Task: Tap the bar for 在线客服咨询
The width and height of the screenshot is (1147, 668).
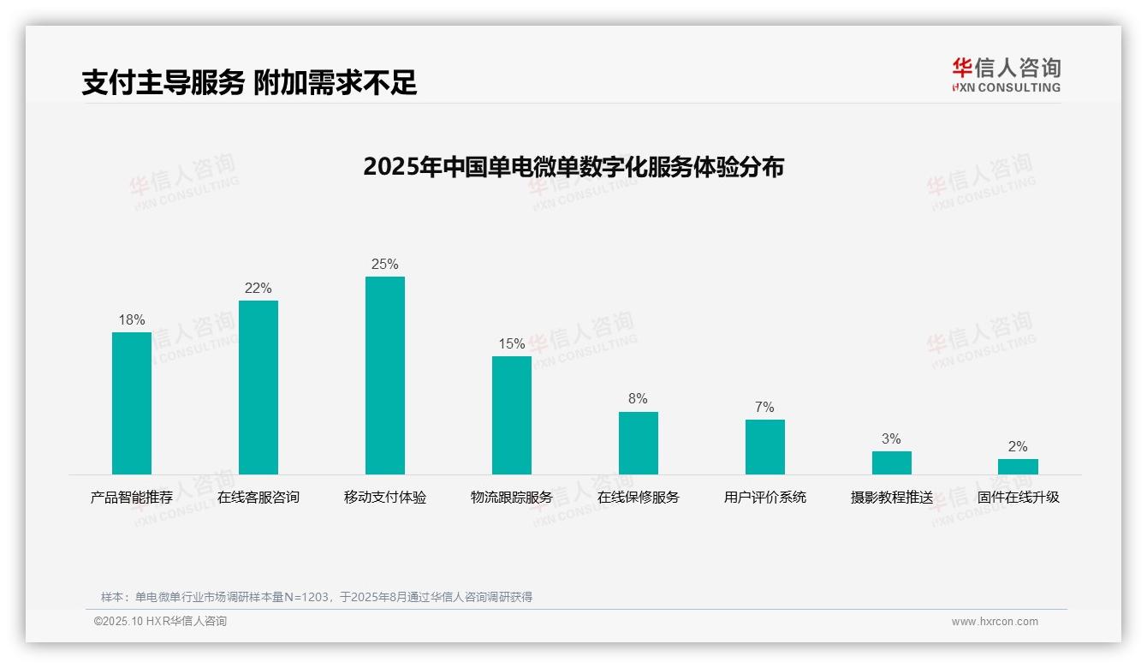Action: tap(259, 387)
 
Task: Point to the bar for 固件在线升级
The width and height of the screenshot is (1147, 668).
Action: tap(1018, 467)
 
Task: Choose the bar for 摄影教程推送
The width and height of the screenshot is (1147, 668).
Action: tap(892, 462)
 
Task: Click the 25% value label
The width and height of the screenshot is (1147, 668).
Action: tap(385, 265)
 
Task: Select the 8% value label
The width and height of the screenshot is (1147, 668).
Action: tap(638, 399)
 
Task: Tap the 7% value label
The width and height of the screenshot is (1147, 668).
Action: tap(764, 407)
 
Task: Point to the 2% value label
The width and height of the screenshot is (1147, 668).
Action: tap(1018, 447)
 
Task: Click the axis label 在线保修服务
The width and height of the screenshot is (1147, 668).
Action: tap(639, 498)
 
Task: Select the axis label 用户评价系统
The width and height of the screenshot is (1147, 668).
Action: tap(764, 498)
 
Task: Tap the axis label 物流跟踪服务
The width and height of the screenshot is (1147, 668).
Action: tap(512, 498)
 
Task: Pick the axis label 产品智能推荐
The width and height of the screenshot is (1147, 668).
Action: tap(132, 498)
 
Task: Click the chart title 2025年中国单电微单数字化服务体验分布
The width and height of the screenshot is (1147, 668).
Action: tap(573, 167)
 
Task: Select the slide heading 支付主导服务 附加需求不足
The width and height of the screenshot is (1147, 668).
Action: tap(249, 83)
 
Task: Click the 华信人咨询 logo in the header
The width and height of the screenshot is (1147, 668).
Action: tap(1006, 75)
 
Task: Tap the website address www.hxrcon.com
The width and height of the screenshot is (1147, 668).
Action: tap(995, 622)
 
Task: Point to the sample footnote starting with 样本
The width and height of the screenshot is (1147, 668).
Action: tap(317, 597)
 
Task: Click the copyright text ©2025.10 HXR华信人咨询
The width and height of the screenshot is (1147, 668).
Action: tap(160, 622)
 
